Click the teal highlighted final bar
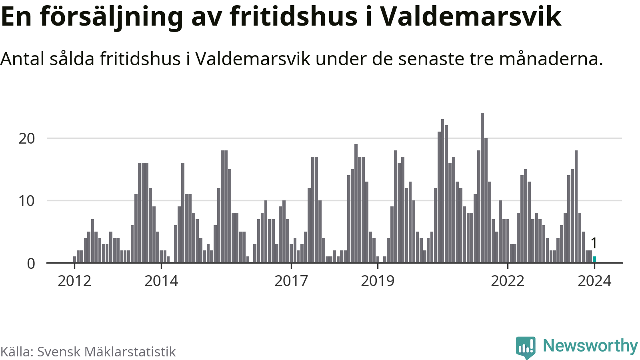[594, 260]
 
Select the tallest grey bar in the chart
[482, 188]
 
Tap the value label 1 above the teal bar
[594, 243]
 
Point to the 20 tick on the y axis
[27, 138]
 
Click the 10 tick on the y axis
[27, 201]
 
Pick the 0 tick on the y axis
[31, 264]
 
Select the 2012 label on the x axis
[74, 281]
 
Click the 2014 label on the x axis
[161, 281]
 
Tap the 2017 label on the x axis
[291, 281]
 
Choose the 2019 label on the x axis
[378, 281]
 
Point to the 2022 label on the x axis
[508, 281]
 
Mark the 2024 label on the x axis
[594, 281]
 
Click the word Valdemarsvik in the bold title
[470, 17]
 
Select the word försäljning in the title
[112, 17]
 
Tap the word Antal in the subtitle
[22, 59]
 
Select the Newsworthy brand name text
[590, 346]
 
